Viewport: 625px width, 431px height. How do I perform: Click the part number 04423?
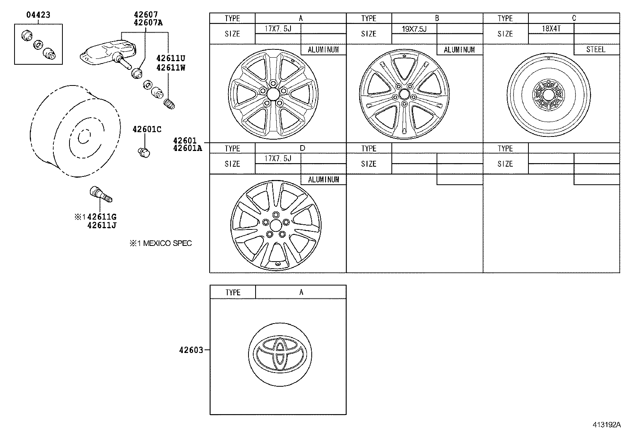click(x=38, y=15)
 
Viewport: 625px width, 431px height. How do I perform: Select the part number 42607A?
click(x=148, y=22)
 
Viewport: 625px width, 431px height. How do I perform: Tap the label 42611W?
click(x=170, y=67)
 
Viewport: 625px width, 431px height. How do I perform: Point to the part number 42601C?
click(x=147, y=129)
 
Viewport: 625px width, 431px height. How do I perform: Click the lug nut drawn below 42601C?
click(x=144, y=152)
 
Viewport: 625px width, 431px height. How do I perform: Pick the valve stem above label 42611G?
click(x=101, y=194)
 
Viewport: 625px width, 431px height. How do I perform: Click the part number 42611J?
click(x=102, y=225)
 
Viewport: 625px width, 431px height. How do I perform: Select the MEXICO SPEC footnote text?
click(x=161, y=244)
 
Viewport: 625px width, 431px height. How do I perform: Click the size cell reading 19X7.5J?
click(x=414, y=29)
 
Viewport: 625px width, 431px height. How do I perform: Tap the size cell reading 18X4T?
click(x=551, y=29)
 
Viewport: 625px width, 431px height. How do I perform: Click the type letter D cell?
click(x=302, y=148)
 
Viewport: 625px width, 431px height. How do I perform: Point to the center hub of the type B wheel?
click(x=404, y=95)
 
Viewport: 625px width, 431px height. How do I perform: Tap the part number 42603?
click(x=191, y=350)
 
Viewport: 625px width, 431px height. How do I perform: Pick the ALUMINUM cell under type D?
click(x=323, y=180)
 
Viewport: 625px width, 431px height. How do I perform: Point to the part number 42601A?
click(x=187, y=148)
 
